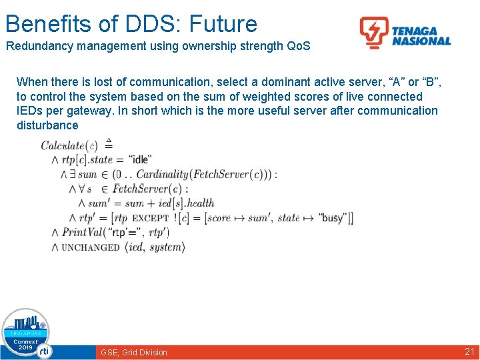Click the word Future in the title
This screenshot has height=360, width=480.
pyautogui.click(x=223, y=24)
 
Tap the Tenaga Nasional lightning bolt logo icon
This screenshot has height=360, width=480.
pyautogui.click(x=373, y=32)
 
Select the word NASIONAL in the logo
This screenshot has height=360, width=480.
pyautogui.click(x=421, y=41)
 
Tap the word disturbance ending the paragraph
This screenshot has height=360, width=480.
pyautogui.click(x=47, y=125)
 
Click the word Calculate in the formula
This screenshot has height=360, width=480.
pyautogui.click(x=63, y=145)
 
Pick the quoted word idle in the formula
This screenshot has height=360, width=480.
pyautogui.click(x=141, y=159)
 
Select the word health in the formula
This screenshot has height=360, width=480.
pyautogui.click(x=200, y=203)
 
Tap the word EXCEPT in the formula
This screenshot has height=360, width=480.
pyautogui.click(x=150, y=219)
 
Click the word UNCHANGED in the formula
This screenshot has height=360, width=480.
pyautogui.click(x=91, y=247)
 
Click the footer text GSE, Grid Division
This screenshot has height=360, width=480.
pyautogui.click(x=134, y=352)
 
